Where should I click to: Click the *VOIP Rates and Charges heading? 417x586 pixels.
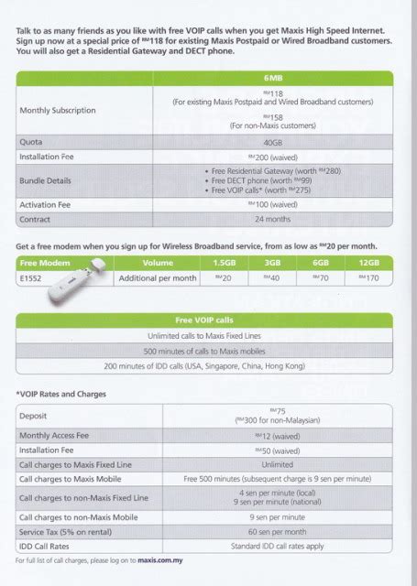(x=60, y=395)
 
